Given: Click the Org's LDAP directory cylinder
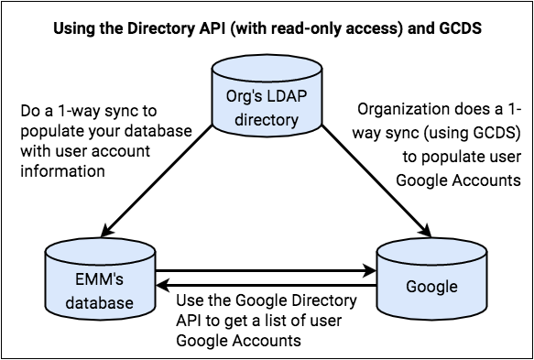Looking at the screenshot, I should tap(267, 105).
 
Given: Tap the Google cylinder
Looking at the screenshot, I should tap(431, 288).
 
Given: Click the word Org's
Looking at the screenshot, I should tap(243, 99).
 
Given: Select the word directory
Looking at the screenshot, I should tap(267, 120).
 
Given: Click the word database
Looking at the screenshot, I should tap(101, 302).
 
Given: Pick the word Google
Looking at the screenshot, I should tap(431, 287).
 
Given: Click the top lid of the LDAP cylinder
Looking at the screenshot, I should tap(267, 70).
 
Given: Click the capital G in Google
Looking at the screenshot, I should tap(411, 287).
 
